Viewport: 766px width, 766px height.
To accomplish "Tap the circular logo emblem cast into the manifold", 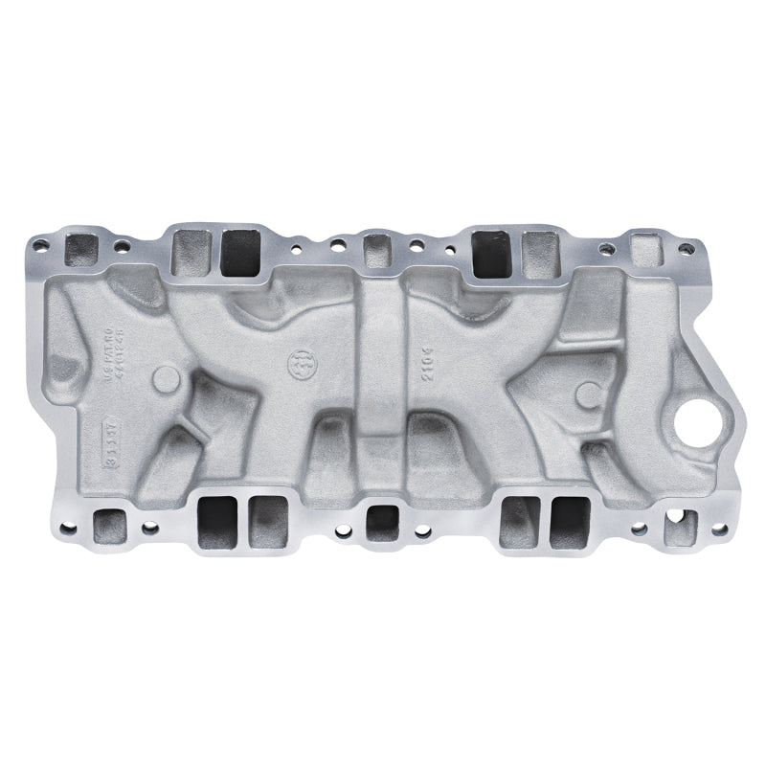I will pos(299,363).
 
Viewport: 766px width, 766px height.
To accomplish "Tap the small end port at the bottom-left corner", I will pos(107,527).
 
